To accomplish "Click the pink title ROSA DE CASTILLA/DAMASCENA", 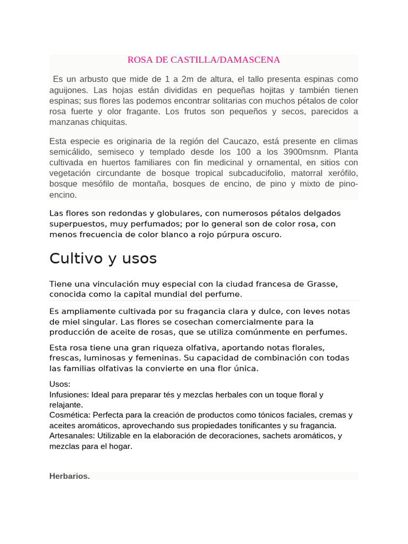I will pyautogui.click(x=203, y=59).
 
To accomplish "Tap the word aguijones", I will pyautogui.click(x=67, y=90).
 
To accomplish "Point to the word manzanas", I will pyautogui.click(x=67, y=122).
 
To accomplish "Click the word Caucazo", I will pyautogui.click(x=241, y=141).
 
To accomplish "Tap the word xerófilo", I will pyautogui.click(x=340, y=173).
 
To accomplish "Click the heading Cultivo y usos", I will pyautogui.click(x=103, y=259).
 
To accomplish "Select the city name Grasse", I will pyautogui.click(x=322, y=284).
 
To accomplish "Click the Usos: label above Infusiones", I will pyautogui.click(x=59, y=384).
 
